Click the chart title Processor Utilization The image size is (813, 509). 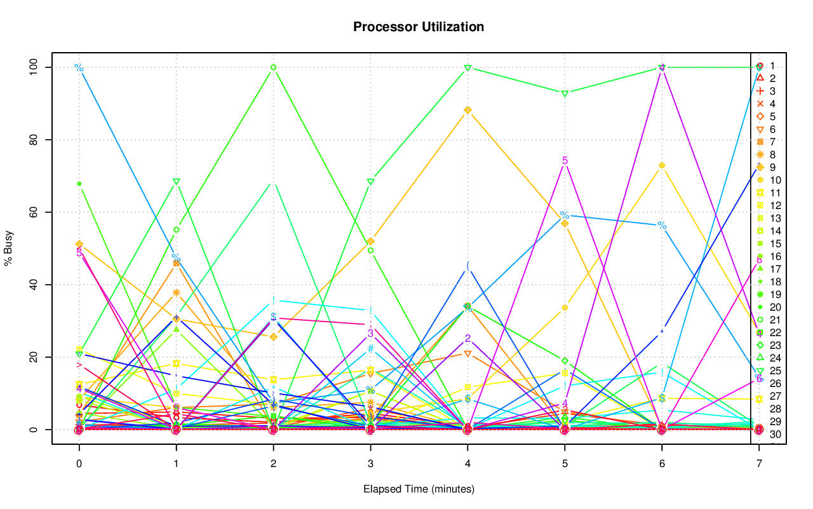[419, 27]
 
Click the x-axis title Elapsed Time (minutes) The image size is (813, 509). [419, 489]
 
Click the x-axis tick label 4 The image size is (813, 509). [468, 464]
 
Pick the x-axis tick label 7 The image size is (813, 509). [760, 464]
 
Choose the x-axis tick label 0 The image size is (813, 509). [79, 464]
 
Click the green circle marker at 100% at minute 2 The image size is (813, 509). [273, 67]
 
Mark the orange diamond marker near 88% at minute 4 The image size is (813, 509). [468, 110]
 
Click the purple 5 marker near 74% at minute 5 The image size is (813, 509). [565, 160]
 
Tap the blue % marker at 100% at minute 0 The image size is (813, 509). [79, 67]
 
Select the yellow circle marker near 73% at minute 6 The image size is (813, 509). [662, 165]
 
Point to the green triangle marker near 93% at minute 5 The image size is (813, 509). [565, 93]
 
